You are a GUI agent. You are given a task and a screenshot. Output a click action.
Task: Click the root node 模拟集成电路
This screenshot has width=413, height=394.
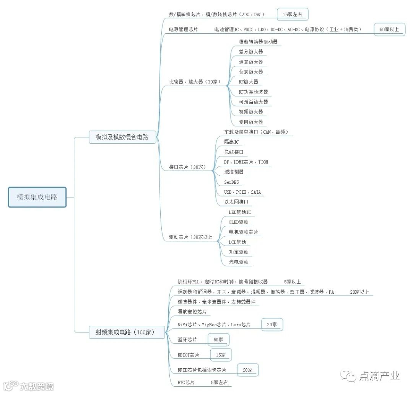point(37,197)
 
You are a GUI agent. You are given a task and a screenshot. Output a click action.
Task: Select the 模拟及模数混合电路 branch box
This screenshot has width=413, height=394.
point(122,137)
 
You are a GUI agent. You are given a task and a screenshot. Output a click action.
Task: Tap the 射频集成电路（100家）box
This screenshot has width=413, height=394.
point(127,332)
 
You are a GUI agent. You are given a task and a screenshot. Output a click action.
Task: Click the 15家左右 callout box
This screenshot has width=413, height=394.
point(293,15)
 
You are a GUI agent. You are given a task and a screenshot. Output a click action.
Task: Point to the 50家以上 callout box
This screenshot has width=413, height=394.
point(389,29)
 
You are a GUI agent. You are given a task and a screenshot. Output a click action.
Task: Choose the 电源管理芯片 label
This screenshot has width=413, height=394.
point(183,29)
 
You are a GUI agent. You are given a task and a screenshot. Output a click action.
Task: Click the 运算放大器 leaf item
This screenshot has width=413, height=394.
point(251,62)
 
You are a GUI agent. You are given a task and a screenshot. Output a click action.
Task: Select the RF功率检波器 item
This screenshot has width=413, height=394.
point(253,92)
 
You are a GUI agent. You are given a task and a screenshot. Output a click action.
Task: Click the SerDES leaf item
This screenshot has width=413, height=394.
point(231,182)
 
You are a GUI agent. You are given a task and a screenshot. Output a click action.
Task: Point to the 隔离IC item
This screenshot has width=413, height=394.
point(231,142)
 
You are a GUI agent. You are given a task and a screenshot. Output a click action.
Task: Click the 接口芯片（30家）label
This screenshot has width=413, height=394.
point(188,167)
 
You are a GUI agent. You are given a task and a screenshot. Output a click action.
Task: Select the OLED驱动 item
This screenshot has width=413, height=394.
point(238,222)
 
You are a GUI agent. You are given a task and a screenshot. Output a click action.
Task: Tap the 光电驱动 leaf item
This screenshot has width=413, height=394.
point(239,262)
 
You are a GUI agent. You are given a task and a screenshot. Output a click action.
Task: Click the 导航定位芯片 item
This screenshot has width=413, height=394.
point(192,312)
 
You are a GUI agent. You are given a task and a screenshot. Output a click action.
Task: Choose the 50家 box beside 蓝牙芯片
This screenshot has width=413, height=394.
point(218,340)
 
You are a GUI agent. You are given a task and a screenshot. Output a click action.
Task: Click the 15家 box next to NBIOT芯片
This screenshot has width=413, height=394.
point(221,355)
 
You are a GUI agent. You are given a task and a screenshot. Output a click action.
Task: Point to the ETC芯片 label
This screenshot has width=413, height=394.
point(186,382)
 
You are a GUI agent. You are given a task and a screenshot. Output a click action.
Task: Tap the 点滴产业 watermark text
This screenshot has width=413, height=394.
point(379,376)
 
